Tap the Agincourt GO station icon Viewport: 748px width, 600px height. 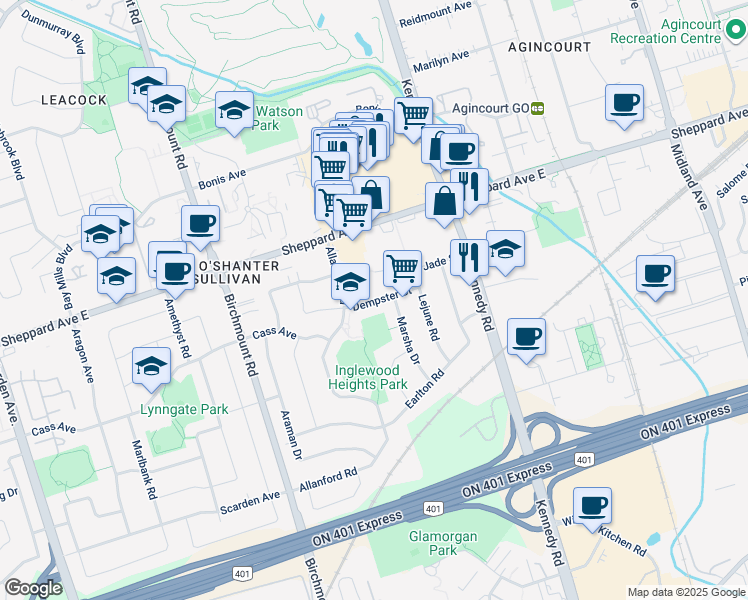(x=537, y=109)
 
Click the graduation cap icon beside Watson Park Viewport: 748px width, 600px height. (x=234, y=112)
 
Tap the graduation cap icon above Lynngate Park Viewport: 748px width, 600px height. (x=151, y=366)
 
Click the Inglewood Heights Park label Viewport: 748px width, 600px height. (x=370, y=377)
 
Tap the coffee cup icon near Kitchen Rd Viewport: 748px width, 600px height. (x=592, y=506)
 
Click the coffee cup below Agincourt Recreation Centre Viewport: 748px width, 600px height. (x=624, y=103)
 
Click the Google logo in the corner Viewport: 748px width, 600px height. (x=33, y=588)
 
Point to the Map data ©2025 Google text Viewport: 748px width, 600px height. (x=685, y=592)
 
